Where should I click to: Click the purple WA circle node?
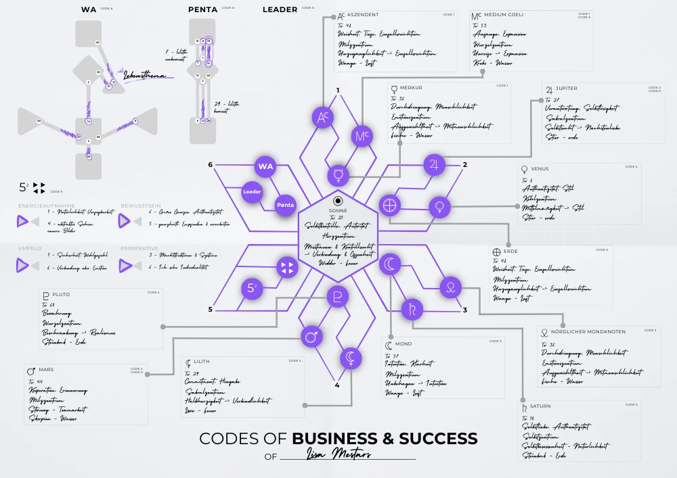(265, 166)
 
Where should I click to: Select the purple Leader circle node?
(252, 192)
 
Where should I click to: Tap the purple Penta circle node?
(286, 204)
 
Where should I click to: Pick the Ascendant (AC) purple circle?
(322, 118)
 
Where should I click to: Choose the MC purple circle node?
(361, 137)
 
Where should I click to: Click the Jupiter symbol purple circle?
(434, 165)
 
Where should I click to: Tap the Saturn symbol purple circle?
(412, 310)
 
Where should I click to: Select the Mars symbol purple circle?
(311, 335)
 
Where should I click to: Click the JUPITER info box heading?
(566, 89)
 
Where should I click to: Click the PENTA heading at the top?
(202, 9)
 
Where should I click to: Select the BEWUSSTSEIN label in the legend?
(141, 206)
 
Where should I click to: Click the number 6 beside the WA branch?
(211, 165)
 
